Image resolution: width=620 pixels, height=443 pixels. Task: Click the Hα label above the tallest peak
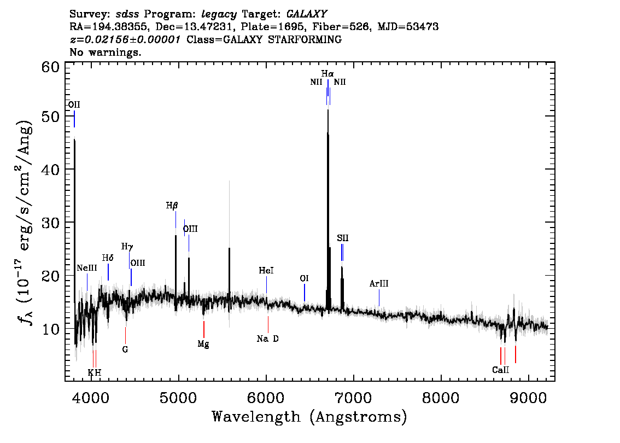coord(327,74)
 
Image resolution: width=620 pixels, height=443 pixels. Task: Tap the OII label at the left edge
coord(74,105)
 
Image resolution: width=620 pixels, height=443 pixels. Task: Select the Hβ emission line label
coord(172,206)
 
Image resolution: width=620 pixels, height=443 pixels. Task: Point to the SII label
coord(343,238)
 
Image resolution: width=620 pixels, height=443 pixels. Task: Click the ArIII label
coord(379,284)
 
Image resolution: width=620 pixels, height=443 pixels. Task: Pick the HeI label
coord(266,271)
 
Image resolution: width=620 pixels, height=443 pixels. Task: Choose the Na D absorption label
coord(268,339)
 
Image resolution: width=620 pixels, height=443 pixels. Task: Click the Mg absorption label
coord(203,344)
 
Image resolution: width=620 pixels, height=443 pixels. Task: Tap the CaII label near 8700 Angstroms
coord(501,370)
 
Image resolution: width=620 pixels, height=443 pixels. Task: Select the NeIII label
coord(86,268)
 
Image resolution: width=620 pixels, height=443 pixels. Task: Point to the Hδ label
coord(108,258)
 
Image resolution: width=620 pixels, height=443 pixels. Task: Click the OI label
coord(304,278)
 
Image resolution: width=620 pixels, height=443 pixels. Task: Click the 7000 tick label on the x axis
coord(353,398)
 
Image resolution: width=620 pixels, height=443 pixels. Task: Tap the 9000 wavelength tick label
coord(528,398)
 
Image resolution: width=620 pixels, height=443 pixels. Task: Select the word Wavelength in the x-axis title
coord(256,417)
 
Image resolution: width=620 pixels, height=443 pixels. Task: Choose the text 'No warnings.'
coord(105,52)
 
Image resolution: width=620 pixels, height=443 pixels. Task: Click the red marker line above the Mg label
coord(203,329)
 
